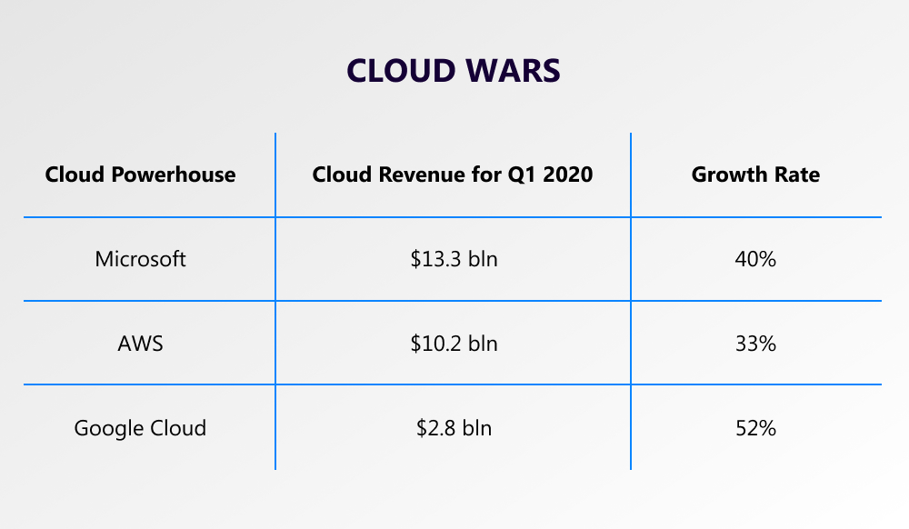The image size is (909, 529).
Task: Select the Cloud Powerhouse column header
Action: point(140,175)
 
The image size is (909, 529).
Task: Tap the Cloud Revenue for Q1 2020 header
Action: point(453,175)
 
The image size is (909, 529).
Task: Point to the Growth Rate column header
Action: point(755,175)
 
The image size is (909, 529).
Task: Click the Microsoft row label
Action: point(140,259)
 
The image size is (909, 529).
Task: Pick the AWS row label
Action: point(140,344)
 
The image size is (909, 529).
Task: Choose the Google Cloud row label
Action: point(140,427)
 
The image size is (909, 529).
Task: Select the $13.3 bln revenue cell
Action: point(454,259)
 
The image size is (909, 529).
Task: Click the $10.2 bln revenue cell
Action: point(454,344)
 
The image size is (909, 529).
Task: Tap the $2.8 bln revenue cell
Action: point(454,427)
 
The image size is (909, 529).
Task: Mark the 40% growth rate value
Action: point(755,259)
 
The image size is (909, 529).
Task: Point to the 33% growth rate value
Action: point(755,344)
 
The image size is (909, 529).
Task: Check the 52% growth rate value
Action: point(755,427)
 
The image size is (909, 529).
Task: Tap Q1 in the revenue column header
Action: point(523,175)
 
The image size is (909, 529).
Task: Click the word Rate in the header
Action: point(797,175)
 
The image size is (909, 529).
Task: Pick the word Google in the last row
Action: point(107,427)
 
